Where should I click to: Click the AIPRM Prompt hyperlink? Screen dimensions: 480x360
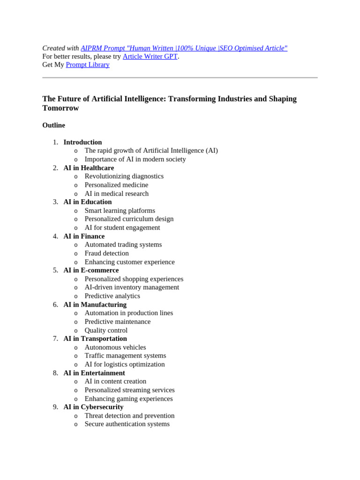[184, 48]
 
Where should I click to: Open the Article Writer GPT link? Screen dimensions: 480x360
[150, 56]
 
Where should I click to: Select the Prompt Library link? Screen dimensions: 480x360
[88, 65]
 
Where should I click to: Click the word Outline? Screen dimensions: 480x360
[53, 125]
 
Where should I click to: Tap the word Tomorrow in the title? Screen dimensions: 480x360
[60, 108]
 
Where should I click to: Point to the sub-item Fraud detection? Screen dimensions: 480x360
[106, 253]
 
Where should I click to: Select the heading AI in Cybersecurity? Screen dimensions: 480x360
[93, 407]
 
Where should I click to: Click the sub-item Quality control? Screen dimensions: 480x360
[106, 330]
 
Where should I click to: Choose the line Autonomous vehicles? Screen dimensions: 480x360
[115, 347]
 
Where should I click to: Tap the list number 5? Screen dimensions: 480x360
[55, 270]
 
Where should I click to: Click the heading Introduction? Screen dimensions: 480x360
[82, 142]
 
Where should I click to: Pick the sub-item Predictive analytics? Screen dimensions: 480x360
[112, 296]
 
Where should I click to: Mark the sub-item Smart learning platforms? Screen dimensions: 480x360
[120, 210]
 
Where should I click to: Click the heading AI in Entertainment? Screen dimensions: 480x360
[94, 373]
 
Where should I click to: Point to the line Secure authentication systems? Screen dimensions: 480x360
[127, 424]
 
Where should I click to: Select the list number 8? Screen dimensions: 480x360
[55, 373]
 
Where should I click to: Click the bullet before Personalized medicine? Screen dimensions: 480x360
[75, 185]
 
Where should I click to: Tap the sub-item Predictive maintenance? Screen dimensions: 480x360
[117, 322]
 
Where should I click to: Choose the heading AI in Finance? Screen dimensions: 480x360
[84, 236]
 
